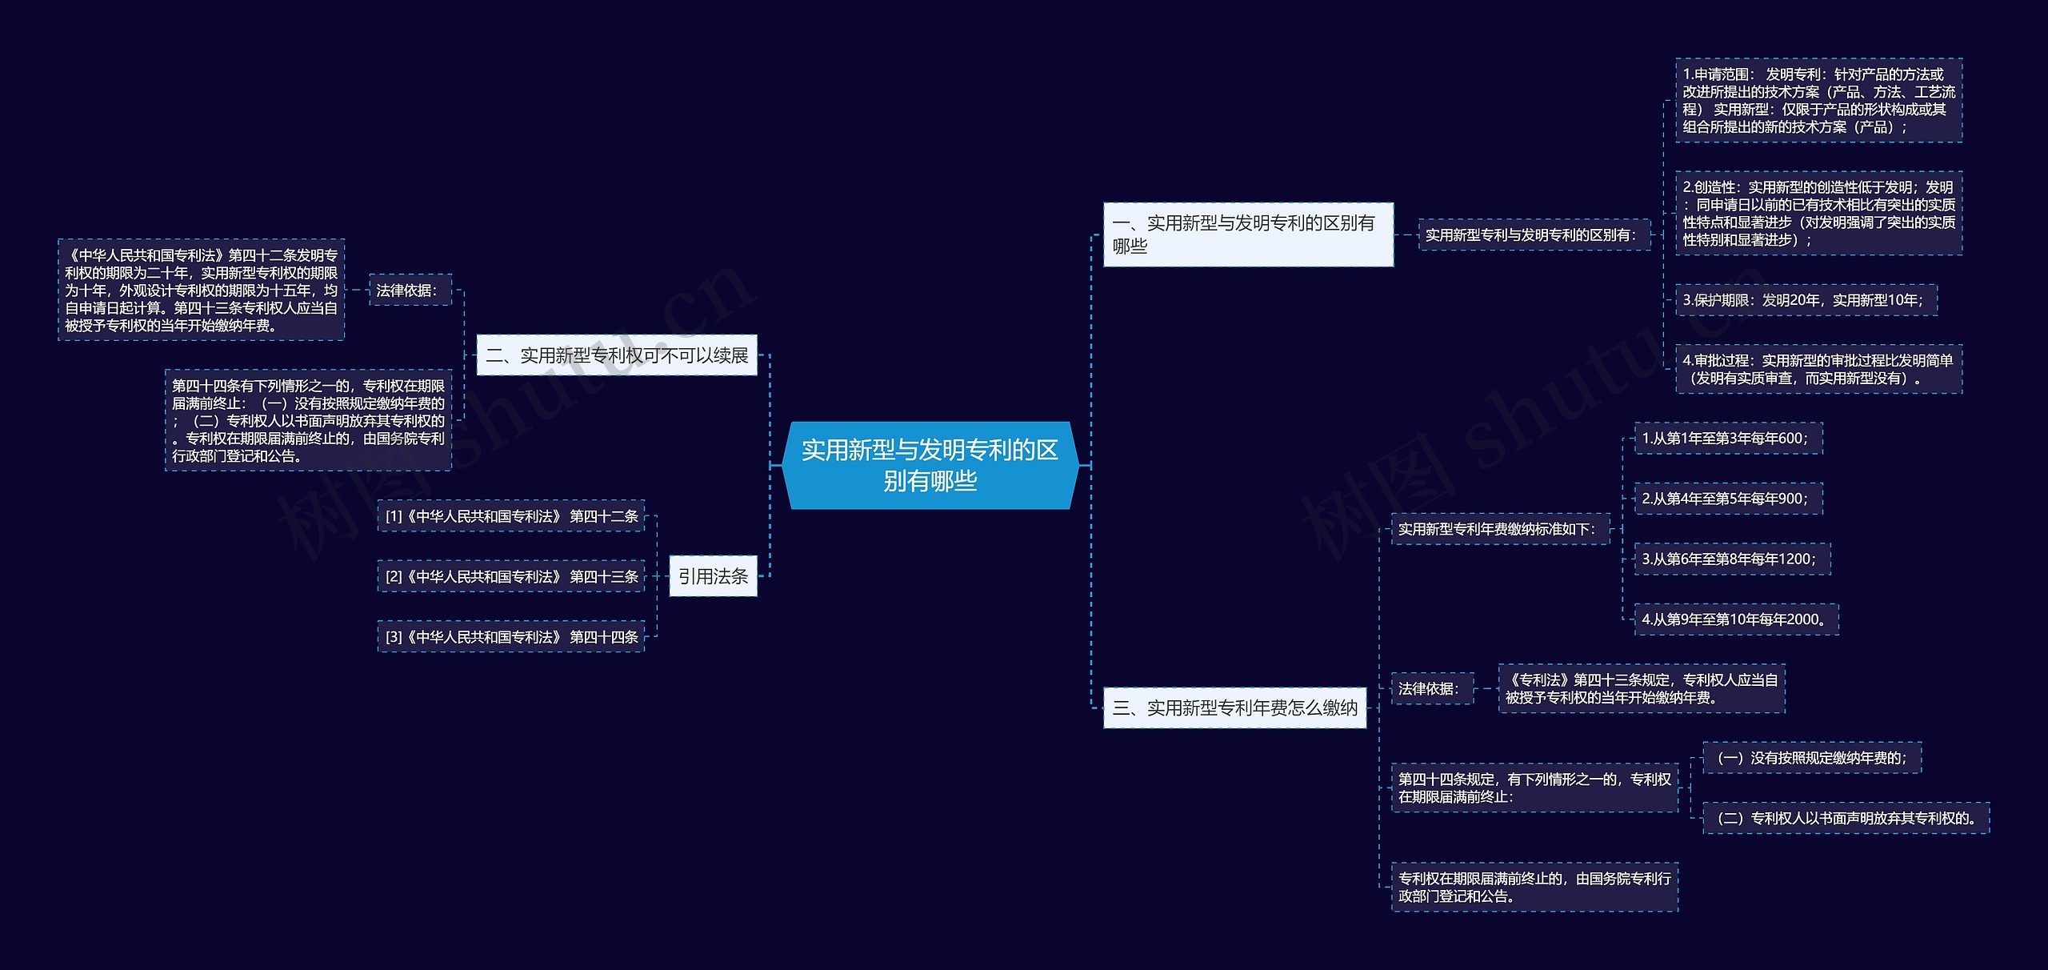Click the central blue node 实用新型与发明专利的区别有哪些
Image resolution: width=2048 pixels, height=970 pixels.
click(x=930, y=465)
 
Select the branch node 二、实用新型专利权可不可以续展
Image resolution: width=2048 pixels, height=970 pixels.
click(x=617, y=355)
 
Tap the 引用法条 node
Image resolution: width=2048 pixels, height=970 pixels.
click(x=713, y=576)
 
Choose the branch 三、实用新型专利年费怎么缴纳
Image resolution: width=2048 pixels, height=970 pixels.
click(x=1234, y=707)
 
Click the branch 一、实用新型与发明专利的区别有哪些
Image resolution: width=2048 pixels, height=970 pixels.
click(x=1248, y=234)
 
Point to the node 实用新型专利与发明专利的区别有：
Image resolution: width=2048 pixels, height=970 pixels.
click(x=1534, y=235)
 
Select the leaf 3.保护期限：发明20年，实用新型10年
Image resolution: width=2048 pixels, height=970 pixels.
click(x=1806, y=300)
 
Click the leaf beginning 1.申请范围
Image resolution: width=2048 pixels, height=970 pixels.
click(x=1818, y=101)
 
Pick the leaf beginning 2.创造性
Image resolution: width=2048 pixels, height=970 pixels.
click(x=1818, y=214)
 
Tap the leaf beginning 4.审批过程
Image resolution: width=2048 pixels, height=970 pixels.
click(x=1818, y=370)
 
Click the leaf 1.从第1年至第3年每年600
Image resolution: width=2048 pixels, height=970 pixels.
click(x=1728, y=439)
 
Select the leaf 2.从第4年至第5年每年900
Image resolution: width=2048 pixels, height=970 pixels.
click(x=1728, y=499)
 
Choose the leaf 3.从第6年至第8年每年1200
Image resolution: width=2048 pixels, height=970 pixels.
click(x=1732, y=559)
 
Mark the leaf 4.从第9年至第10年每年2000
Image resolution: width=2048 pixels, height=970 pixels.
click(x=1736, y=619)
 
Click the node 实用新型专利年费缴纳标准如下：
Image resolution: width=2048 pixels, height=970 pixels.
click(x=1500, y=529)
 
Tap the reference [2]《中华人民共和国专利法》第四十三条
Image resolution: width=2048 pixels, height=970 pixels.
click(x=511, y=576)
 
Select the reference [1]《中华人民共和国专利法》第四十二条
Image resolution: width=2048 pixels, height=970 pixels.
click(x=511, y=516)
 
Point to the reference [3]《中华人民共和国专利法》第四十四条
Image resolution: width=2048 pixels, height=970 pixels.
click(x=511, y=637)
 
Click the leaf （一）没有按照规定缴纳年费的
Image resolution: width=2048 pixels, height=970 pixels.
click(x=1812, y=758)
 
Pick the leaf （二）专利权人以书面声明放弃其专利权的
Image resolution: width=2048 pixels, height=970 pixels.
click(x=1846, y=818)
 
